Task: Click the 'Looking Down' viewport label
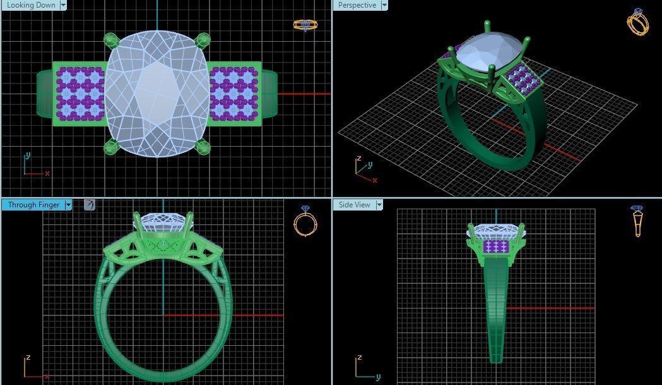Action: (29, 5)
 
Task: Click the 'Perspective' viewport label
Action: (357, 5)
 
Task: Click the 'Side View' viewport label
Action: (354, 205)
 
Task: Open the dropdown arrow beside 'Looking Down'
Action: (63, 5)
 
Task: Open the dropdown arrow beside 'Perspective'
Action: (384, 5)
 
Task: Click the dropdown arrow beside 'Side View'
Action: (379, 205)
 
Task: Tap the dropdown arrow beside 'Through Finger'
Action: (68, 205)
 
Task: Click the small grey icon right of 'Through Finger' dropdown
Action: (90, 204)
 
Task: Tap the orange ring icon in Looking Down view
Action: (305, 25)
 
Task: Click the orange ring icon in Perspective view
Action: (637, 22)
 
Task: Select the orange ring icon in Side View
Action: (637, 221)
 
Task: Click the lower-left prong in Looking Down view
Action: (111, 147)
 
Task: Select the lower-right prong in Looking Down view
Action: (203, 147)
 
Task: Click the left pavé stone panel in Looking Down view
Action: (80, 94)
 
